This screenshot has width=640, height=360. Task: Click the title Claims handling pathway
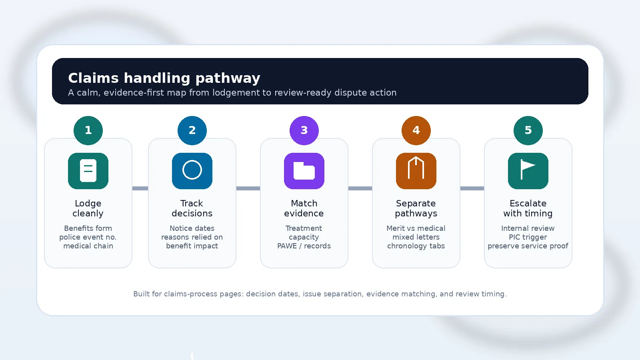[164, 78]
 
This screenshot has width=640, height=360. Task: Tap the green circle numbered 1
[88, 130]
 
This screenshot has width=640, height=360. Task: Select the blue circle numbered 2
[192, 130]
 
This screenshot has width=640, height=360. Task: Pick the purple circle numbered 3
[304, 130]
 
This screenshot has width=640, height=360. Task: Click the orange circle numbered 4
[416, 130]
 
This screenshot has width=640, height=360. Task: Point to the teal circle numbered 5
[528, 130]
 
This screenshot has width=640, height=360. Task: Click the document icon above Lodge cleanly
[88, 171]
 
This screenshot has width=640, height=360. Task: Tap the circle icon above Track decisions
[192, 171]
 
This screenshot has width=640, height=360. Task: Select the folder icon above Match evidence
[304, 171]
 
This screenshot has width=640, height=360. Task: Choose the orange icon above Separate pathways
[416, 171]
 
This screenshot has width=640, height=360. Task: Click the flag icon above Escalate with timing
[528, 171]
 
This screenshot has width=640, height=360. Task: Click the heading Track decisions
[192, 208]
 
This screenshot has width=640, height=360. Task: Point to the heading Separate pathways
[416, 208]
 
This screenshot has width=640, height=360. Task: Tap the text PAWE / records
[304, 246]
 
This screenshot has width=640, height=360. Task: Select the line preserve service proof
[528, 246]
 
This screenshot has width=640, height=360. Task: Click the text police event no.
[88, 237]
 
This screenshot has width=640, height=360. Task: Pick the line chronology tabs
[416, 246]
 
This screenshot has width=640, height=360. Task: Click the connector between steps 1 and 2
[140, 188]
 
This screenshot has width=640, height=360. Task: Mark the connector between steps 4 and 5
[472, 188]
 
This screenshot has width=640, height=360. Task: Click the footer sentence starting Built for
[320, 294]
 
